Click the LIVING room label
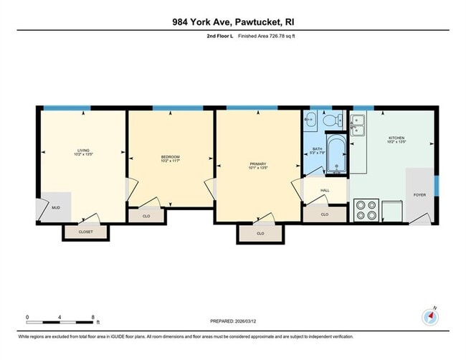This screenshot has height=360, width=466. pyautogui.click(x=83, y=151)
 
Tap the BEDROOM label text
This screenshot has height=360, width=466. pyautogui.click(x=170, y=157)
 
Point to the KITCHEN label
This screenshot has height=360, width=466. pyautogui.click(x=397, y=138)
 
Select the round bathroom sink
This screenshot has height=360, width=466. pyautogui.click(x=311, y=120)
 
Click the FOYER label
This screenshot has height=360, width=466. pyautogui.click(x=419, y=194)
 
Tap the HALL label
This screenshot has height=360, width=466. pyautogui.click(x=324, y=190)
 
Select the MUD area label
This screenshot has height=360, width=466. pyautogui.click(x=56, y=208)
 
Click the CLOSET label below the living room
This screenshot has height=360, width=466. pyautogui.click(x=85, y=231)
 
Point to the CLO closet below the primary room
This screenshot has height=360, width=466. pyautogui.click(x=260, y=233)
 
